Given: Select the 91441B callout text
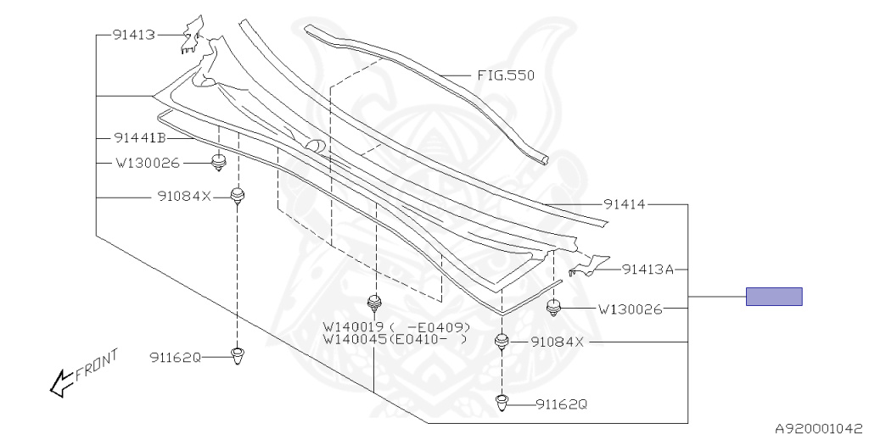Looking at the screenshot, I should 139,138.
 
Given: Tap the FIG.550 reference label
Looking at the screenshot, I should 504,75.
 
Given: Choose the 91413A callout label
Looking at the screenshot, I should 647,270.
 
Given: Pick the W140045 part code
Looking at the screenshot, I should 354,339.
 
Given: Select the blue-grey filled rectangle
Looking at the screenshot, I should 774,297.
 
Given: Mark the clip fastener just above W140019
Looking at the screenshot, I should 373,303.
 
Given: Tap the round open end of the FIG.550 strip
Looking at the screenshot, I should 543,159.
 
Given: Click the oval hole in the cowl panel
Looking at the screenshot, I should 314,145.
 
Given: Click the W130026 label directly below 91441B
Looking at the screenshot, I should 149,163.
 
